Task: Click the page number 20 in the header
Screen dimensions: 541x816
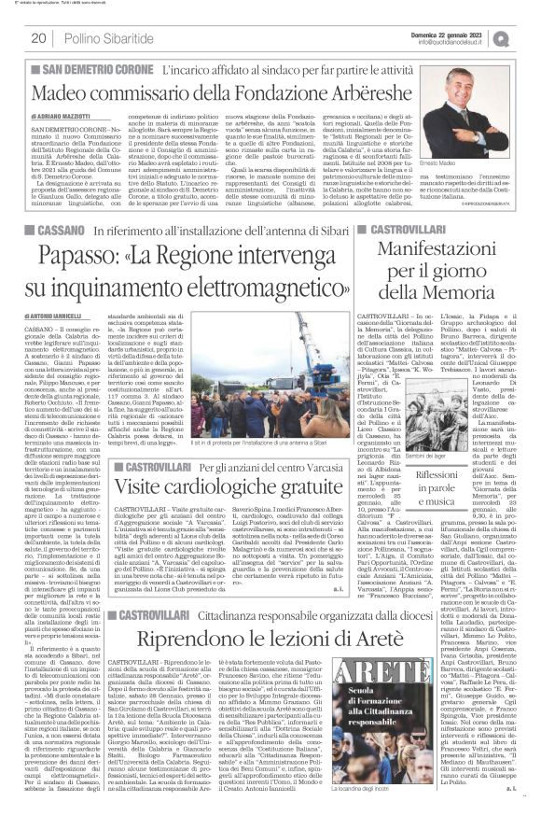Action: coord(38,37)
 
